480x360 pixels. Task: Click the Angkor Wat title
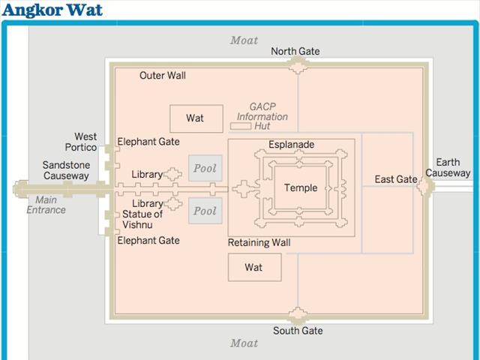tap(52, 10)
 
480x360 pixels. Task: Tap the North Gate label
tap(295, 51)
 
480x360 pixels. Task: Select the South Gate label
tap(297, 331)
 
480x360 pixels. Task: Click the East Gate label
tap(396, 179)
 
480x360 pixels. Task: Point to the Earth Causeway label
tap(448, 168)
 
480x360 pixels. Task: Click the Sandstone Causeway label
tap(65, 170)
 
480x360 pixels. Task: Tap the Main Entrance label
tap(46, 205)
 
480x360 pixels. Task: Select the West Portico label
tap(85, 142)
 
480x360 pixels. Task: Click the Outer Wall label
tap(163, 76)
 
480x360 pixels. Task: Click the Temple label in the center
tap(300, 188)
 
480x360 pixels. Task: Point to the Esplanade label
tap(291, 145)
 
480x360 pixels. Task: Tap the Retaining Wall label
tap(259, 243)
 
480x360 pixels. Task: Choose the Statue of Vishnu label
tap(142, 220)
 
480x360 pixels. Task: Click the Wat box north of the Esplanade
tap(195, 118)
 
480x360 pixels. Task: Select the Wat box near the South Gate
tap(254, 267)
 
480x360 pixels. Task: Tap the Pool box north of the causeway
tap(205, 169)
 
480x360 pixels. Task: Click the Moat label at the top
tap(244, 40)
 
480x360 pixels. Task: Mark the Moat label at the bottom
tap(244, 343)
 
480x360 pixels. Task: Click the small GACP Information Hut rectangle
tap(240, 127)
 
